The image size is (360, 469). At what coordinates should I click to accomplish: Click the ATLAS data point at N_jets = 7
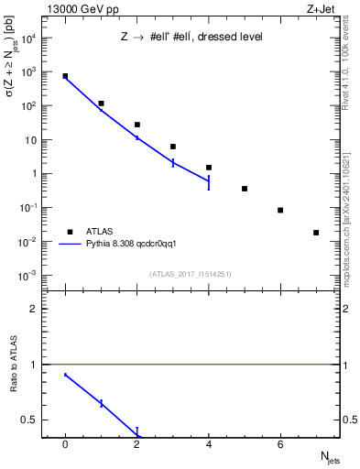pos(316,233)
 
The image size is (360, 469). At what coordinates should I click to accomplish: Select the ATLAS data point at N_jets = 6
pos(280,210)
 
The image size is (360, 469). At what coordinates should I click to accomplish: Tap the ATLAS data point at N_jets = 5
pos(245,189)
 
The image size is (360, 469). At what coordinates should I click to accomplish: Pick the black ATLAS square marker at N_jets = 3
pos(173,147)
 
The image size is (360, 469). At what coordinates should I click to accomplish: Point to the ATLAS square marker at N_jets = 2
pos(137,125)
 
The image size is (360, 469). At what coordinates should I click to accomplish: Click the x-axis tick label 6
pos(280,444)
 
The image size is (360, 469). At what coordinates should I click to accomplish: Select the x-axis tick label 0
pos(65,444)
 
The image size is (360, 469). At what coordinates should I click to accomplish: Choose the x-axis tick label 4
pos(209,444)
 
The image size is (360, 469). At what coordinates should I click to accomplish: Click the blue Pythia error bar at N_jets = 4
pos(209,182)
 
